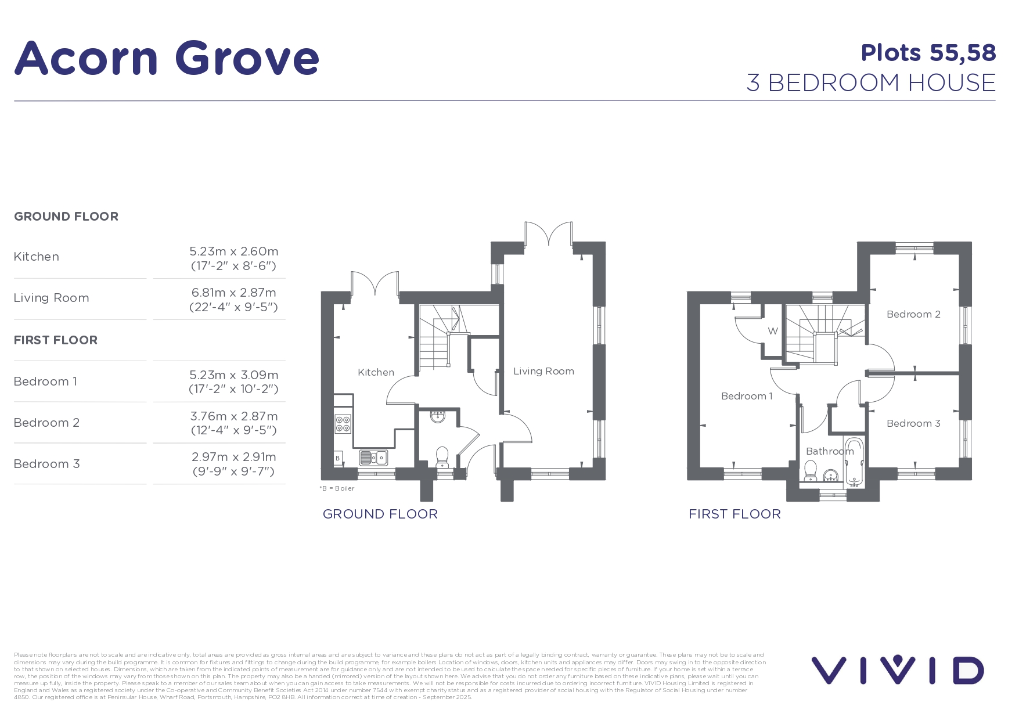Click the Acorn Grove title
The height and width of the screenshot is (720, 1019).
coord(167,58)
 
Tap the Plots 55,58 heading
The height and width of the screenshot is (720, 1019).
coord(928,53)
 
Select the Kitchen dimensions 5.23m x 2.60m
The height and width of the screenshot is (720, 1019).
coord(234,251)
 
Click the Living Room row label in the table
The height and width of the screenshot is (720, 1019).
coord(51,298)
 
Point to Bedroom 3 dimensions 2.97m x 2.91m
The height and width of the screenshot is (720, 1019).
coord(234,457)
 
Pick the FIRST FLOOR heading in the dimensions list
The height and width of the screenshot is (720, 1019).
coord(56,340)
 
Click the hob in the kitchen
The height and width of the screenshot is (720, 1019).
coord(343,424)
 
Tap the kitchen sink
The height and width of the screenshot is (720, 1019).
coord(373,458)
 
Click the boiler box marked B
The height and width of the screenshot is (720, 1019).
coord(338,458)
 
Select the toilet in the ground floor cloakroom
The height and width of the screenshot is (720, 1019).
coord(442,457)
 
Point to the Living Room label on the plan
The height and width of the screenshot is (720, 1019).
coord(543,371)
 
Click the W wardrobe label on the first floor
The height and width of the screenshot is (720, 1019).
coord(773,332)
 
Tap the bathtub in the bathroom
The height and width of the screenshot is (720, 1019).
coord(854,462)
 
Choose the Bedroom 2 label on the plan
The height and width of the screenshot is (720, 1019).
coord(913,314)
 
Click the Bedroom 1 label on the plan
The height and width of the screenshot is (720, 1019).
coord(747,396)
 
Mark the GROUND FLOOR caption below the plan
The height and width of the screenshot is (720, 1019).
coord(380,514)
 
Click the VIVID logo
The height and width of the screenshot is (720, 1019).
coord(898,670)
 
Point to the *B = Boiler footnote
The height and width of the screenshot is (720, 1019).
coord(337,488)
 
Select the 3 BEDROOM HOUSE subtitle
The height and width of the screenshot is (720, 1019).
coord(871,83)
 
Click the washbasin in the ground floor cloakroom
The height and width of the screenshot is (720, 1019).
coord(437,416)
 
